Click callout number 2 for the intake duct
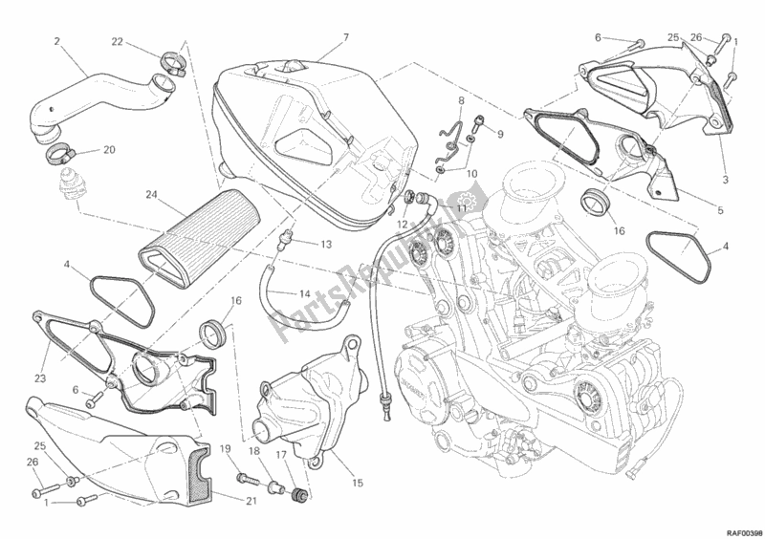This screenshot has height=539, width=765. pos(57,41)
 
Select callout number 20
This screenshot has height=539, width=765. pos(108,150)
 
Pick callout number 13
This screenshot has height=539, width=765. pos(326,244)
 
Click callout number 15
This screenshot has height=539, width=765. pos(356,483)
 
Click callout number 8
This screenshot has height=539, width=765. pos(460,100)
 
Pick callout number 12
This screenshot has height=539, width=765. pos(403,225)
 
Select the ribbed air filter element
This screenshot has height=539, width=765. pos(191,234)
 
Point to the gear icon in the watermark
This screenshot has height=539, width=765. pos(463,205)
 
